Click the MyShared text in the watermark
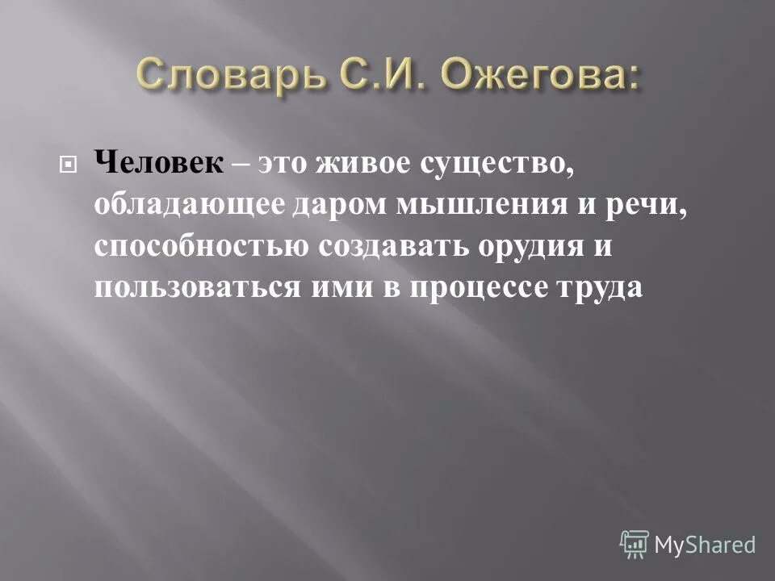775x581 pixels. [x=705, y=545]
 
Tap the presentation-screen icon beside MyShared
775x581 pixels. [x=635, y=543]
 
